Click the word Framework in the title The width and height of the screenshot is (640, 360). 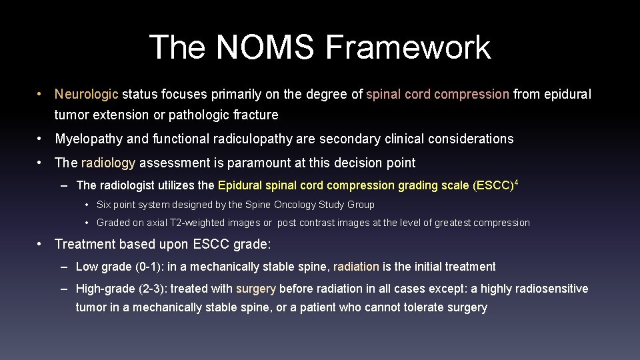click(408, 47)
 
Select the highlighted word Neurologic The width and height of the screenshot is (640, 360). click(87, 95)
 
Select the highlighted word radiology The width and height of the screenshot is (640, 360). click(108, 163)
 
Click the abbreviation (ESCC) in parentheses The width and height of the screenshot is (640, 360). click(493, 185)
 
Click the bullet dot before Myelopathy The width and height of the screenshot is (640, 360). click(41, 139)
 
